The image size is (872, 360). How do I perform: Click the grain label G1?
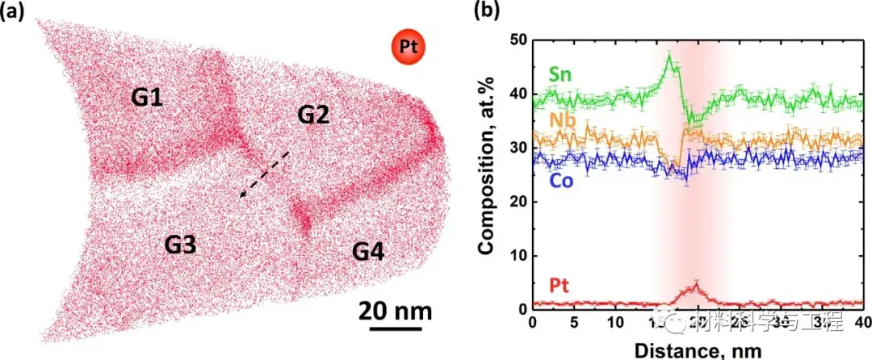[148, 99]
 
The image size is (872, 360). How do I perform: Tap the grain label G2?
[314, 115]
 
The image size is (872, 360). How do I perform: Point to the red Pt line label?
[562, 286]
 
